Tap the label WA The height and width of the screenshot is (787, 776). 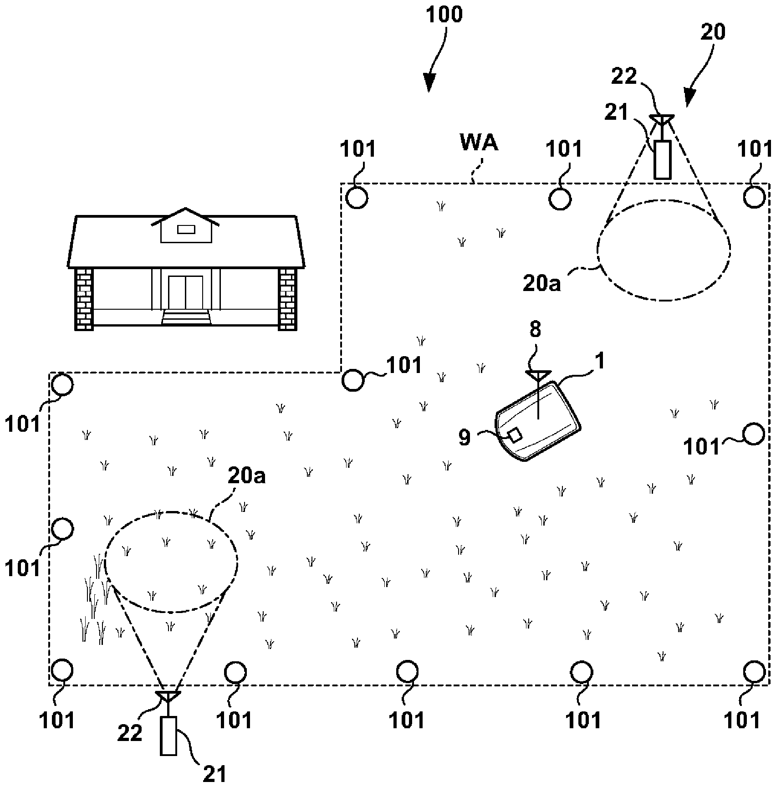tap(479, 143)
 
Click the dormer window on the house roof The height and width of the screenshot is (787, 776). tap(186, 230)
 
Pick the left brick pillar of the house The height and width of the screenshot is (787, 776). tap(83, 298)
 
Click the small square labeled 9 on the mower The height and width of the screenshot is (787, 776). tap(515, 435)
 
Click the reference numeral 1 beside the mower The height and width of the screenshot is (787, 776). tap(600, 361)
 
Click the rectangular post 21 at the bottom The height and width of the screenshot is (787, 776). tap(168, 736)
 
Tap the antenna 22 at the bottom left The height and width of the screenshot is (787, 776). tap(168, 696)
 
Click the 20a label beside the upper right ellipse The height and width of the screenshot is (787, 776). tap(542, 283)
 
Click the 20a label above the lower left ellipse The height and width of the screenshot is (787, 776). tap(246, 477)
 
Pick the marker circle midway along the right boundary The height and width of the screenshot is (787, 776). tap(753, 434)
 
